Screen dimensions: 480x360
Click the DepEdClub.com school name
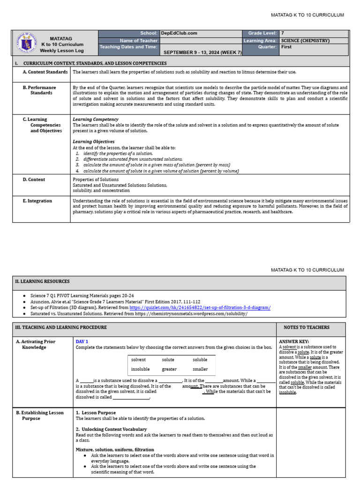[x=179, y=33]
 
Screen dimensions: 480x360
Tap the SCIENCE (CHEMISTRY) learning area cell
[x=305, y=40]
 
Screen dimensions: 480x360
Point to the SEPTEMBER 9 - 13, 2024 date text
[x=202, y=52]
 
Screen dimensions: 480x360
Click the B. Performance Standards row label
[x=42, y=90]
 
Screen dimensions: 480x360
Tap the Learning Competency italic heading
[x=96, y=120]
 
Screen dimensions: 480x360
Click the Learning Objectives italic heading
[x=94, y=142]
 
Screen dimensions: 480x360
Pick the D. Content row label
[x=34, y=180]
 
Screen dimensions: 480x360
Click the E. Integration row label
[x=37, y=201]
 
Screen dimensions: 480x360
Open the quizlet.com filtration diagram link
[x=200, y=307]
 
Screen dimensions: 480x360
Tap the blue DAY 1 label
[x=82, y=342]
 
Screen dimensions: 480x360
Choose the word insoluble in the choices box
[x=141, y=369]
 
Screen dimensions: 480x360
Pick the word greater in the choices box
[x=169, y=369]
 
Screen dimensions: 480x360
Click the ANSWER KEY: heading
[x=294, y=342]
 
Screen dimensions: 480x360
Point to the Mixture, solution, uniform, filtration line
[x=115, y=450]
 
